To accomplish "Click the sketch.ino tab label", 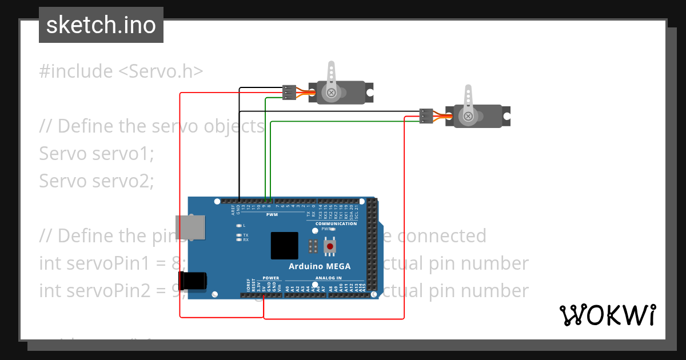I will click(x=101, y=25).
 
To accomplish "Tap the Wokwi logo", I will click(x=607, y=315).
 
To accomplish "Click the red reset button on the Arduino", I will click(x=330, y=246).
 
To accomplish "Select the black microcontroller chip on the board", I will click(x=284, y=246).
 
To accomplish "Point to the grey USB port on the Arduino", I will click(x=190, y=227).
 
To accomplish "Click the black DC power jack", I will click(x=192, y=281).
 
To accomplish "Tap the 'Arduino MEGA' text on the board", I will click(x=319, y=266).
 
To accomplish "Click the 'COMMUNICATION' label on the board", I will click(x=332, y=224).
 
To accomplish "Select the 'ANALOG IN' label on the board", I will click(x=328, y=278).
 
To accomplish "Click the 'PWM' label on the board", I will click(x=272, y=215).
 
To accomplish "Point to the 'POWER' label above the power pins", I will click(x=271, y=278).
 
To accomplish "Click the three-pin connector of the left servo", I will click(x=289, y=92).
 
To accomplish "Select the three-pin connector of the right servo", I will click(x=426, y=116).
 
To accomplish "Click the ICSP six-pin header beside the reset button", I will click(x=313, y=246).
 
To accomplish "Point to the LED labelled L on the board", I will click(x=240, y=226).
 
